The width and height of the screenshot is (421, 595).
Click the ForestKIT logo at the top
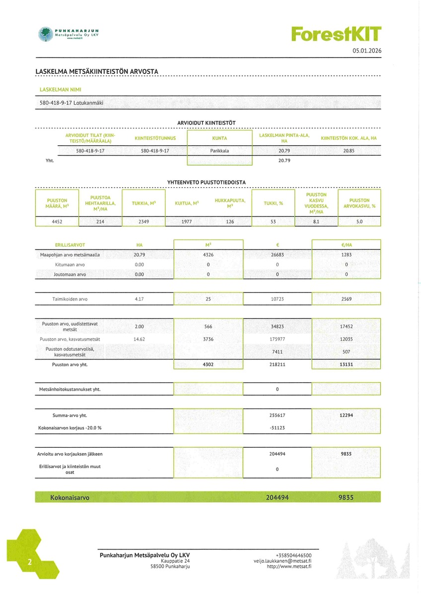point(336,34)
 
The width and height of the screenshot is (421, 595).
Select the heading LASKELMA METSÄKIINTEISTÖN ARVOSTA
point(97,71)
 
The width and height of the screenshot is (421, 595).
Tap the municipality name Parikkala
point(219,150)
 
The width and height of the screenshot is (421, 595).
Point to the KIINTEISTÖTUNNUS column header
point(155,138)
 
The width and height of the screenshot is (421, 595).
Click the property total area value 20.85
point(349,150)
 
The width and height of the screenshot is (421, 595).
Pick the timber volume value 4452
point(57,222)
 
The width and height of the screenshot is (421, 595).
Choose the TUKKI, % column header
point(273,203)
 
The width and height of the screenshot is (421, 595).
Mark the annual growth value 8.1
point(316,222)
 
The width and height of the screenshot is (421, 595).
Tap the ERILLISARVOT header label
point(70,245)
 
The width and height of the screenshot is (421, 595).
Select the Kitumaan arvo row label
point(70,265)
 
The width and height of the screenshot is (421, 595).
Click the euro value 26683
point(277,255)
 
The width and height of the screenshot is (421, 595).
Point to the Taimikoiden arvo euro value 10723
point(277,299)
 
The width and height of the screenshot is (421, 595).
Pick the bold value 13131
point(346,364)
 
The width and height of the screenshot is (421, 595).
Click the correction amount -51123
point(277,427)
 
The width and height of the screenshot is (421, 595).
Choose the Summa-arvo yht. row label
point(73,415)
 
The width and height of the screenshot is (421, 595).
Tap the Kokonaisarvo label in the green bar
point(70,497)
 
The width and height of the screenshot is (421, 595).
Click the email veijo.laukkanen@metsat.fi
point(282,561)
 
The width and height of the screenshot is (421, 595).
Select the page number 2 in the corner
point(30,562)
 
